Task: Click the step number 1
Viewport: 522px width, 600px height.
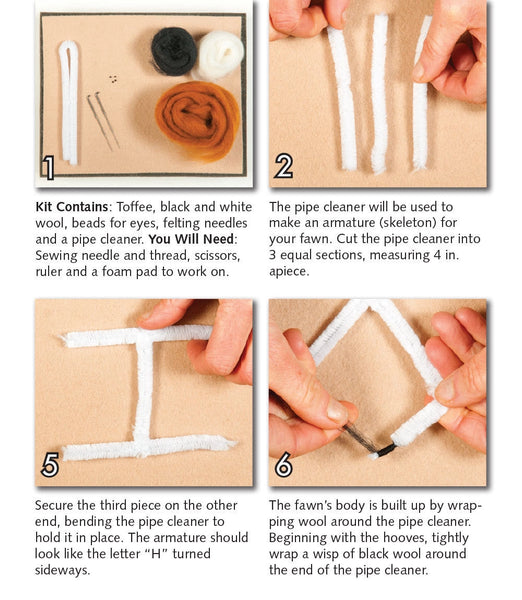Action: (x=47, y=166)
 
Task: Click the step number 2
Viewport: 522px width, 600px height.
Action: (x=284, y=166)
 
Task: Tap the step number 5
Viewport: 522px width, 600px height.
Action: (x=49, y=465)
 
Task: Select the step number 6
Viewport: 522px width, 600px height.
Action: (x=284, y=465)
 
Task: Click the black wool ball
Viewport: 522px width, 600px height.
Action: (x=173, y=49)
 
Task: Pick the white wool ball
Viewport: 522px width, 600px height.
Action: (x=219, y=55)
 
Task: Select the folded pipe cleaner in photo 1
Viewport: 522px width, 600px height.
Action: (x=68, y=100)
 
